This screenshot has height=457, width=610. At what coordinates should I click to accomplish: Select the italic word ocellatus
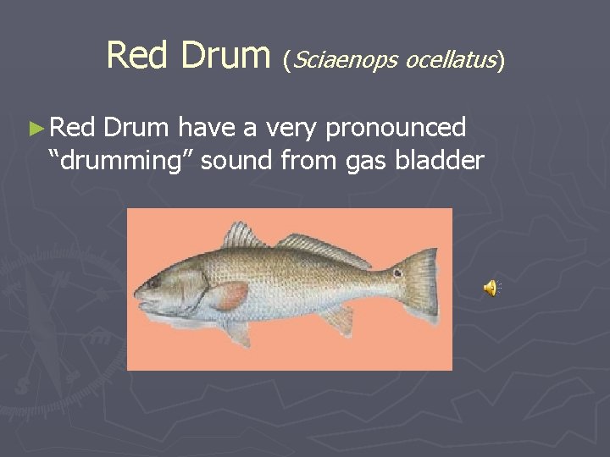click(450, 59)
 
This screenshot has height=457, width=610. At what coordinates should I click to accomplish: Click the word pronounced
click(396, 128)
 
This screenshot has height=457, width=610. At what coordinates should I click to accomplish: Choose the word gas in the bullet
click(367, 159)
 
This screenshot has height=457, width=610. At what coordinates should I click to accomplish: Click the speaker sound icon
click(491, 288)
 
